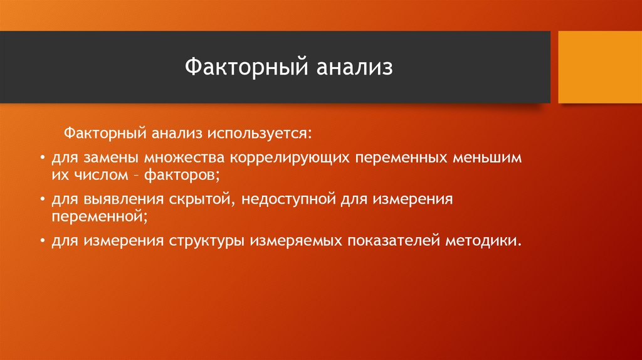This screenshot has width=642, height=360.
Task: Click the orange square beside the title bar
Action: pyautogui.click(x=599, y=67)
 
